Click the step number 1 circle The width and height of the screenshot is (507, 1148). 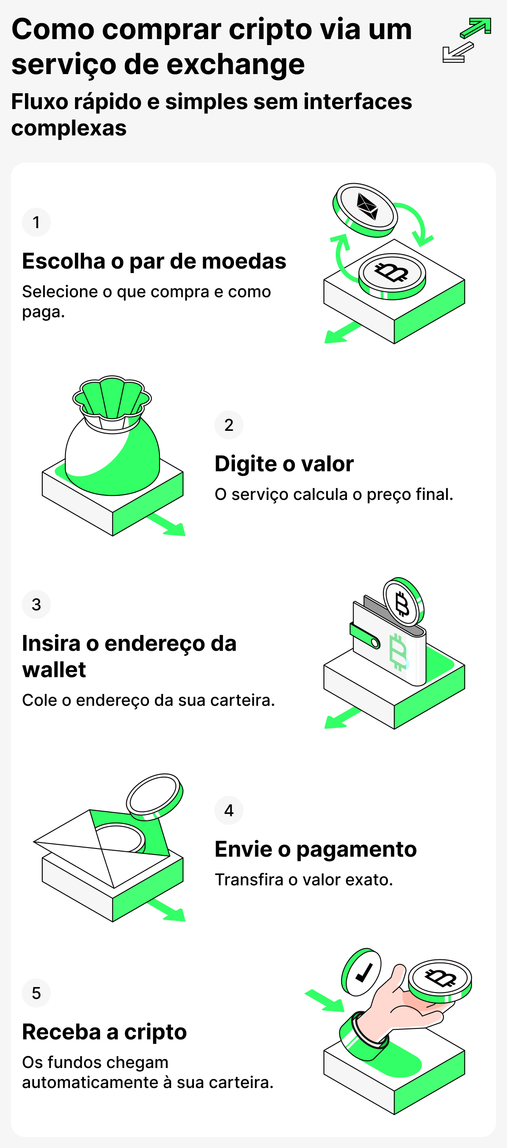coord(36,222)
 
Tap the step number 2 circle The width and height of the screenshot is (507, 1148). coord(229,425)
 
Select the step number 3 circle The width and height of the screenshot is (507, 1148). coord(36,604)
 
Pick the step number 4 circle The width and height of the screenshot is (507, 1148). coord(229,810)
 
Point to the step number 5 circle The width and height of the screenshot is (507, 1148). coord(36,993)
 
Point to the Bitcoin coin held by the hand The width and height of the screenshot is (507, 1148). coord(440,979)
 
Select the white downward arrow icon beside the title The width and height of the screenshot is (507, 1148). coord(457,52)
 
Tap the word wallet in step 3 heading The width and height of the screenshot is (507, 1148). coord(54,670)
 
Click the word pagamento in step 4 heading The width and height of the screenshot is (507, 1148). coord(356,849)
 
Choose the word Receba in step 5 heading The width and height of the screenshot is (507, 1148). coord(61,1032)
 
